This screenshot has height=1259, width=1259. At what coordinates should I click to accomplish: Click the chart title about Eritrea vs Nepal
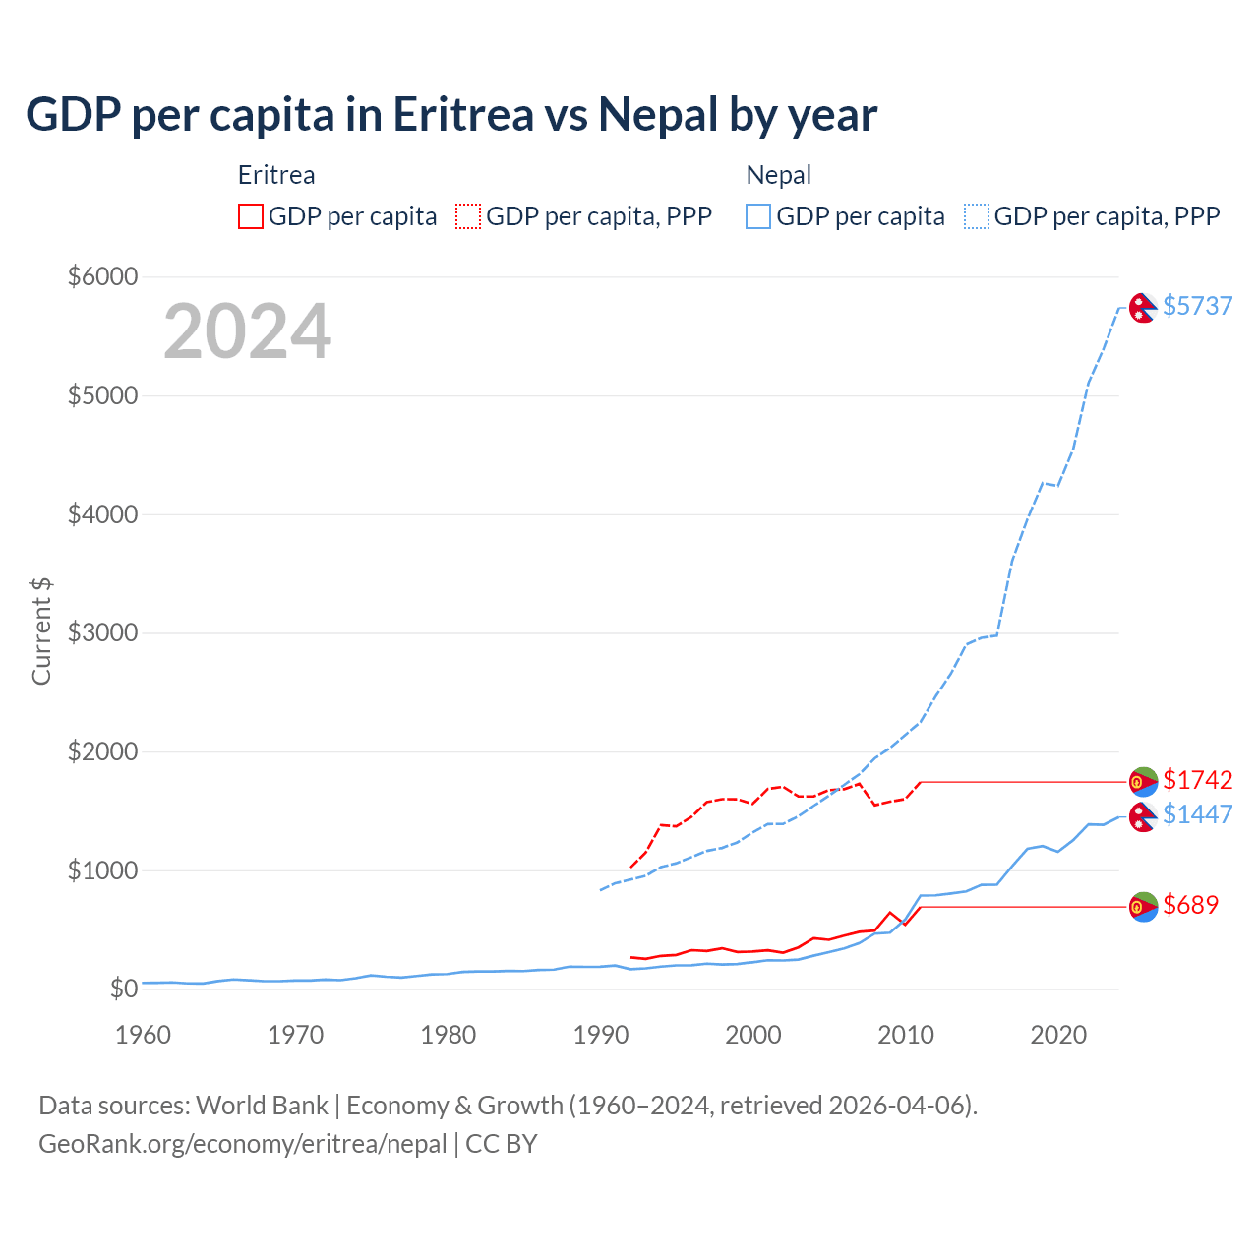click(x=451, y=115)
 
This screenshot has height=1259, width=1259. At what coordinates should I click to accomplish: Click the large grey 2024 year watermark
click(x=247, y=331)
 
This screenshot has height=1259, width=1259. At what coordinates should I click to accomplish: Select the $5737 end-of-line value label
click(x=1197, y=306)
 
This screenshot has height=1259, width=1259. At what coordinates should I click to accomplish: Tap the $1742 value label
click(x=1197, y=780)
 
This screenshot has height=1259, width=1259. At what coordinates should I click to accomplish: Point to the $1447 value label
click(x=1197, y=814)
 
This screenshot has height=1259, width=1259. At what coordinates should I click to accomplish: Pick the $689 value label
click(x=1190, y=905)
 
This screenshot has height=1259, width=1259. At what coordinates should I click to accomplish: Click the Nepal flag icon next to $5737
click(x=1142, y=308)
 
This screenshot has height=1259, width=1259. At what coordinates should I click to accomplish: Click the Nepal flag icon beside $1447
click(x=1142, y=816)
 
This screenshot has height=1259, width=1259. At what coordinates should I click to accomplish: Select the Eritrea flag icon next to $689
click(x=1142, y=907)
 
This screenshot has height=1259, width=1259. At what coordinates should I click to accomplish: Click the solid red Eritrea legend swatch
click(x=251, y=216)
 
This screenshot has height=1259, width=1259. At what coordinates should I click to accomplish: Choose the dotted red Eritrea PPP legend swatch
click(x=468, y=216)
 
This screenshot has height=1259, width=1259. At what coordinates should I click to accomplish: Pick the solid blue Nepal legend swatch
click(x=758, y=216)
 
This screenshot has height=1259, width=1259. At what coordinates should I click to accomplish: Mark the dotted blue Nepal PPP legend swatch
click(x=977, y=216)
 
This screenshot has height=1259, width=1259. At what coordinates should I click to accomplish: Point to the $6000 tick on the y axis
click(x=102, y=276)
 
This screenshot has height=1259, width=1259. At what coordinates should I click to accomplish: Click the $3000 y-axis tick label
click(x=102, y=632)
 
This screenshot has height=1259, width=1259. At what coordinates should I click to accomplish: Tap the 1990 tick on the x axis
click(x=601, y=1035)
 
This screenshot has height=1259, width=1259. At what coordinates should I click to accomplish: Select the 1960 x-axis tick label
click(x=144, y=1035)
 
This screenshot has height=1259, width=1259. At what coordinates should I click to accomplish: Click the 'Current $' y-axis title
click(x=41, y=631)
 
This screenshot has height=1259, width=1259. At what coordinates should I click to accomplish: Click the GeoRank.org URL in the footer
click(x=243, y=1144)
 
